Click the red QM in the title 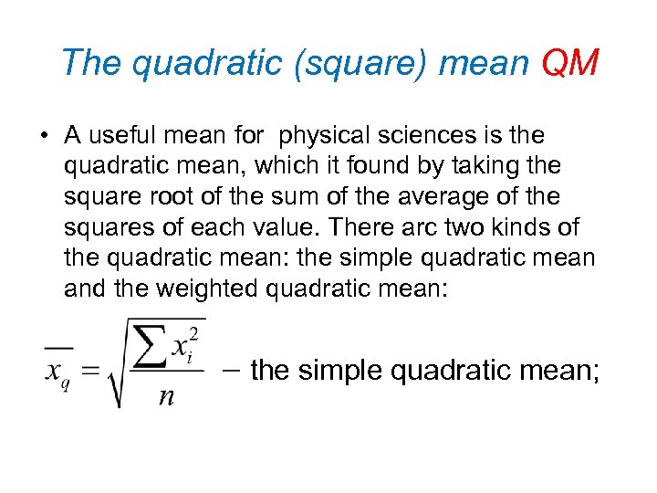569,63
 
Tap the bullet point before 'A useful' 44,137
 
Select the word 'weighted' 211,288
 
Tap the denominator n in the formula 166,395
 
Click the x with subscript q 58,372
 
